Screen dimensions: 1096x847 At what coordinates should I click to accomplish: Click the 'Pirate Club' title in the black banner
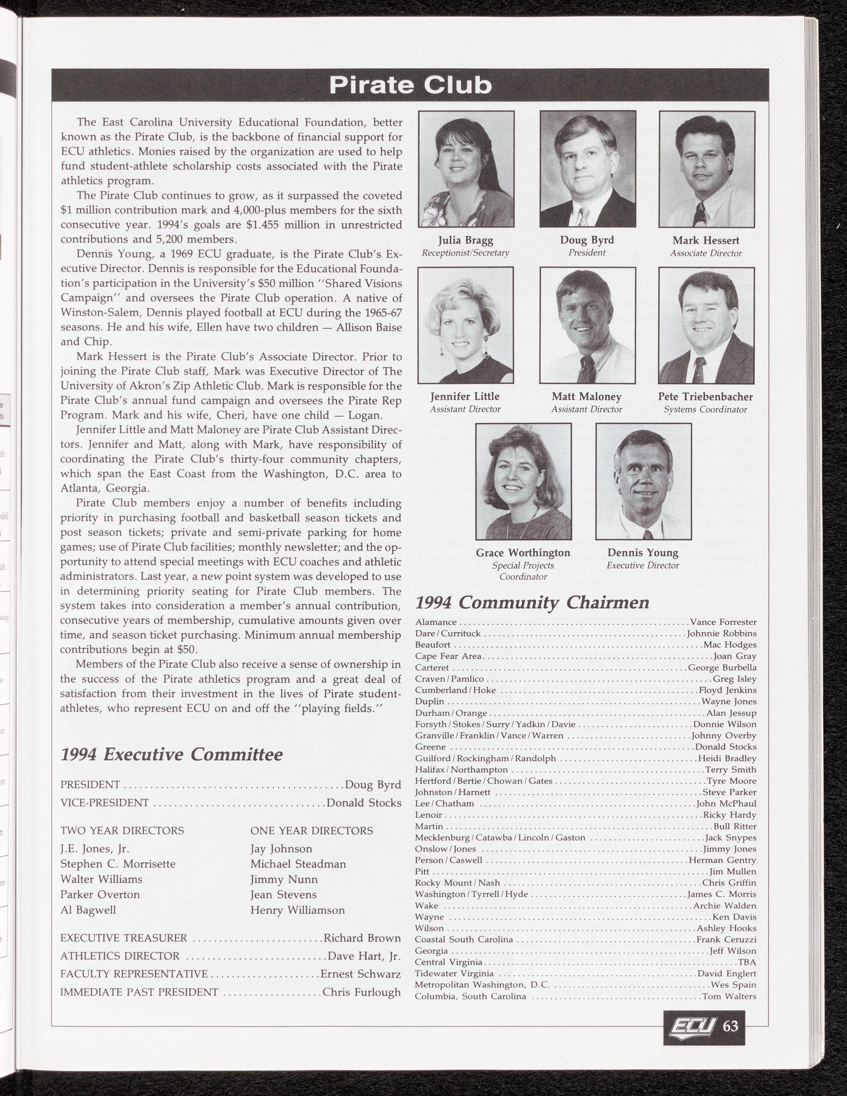(x=410, y=85)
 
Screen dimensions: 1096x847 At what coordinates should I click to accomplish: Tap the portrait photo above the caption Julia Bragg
(x=466, y=169)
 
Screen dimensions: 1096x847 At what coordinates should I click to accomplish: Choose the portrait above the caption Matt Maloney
(x=587, y=325)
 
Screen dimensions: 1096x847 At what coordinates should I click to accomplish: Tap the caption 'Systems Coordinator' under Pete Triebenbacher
(x=705, y=409)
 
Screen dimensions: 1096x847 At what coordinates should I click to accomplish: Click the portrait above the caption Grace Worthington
(x=523, y=481)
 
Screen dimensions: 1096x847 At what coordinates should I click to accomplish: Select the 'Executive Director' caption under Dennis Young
(x=642, y=565)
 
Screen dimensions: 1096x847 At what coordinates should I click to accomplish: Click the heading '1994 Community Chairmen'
(x=533, y=602)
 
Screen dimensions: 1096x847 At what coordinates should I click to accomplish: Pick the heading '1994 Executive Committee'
(x=172, y=754)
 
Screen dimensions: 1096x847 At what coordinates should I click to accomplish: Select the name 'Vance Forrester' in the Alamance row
(x=723, y=622)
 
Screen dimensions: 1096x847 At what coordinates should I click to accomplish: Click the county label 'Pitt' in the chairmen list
(x=422, y=872)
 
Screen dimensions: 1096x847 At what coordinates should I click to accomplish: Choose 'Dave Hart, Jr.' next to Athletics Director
(x=364, y=956)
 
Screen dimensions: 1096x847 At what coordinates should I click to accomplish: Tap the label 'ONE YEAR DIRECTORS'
(x=311, y=831)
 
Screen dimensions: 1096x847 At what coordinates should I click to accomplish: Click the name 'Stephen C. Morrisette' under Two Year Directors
(x=118, y=864)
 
